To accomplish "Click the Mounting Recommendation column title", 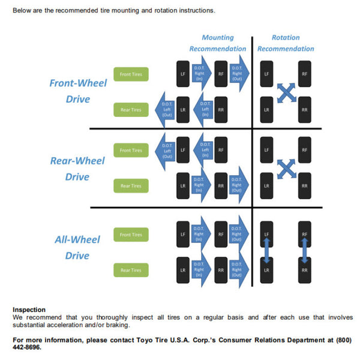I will [218, 43].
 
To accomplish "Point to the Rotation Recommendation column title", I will [286, 43].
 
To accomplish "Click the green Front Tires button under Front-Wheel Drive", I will [131, 74].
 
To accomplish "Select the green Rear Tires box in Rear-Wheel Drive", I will [131, 186].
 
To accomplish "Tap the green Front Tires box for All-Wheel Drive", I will [131, 235].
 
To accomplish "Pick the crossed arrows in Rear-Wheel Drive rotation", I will [286, 168].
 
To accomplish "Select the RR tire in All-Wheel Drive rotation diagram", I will [305, 270].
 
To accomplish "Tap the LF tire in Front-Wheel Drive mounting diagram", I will [183, 74].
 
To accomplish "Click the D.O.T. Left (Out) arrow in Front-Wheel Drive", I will [166, 110].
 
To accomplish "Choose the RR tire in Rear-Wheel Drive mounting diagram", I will [221, 186].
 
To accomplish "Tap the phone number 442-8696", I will [27, 347].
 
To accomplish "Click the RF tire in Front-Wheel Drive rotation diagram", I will [305, 74].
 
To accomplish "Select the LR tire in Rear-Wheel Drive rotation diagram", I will [266, 186].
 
